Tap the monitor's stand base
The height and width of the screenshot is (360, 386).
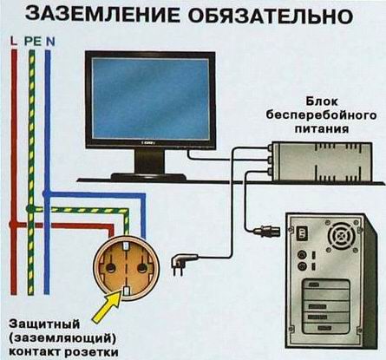click(x=150, y=174)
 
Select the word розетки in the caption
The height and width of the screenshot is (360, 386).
click(x=86, y=351)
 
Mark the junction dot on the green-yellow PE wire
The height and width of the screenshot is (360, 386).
click(x=31, y=209)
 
